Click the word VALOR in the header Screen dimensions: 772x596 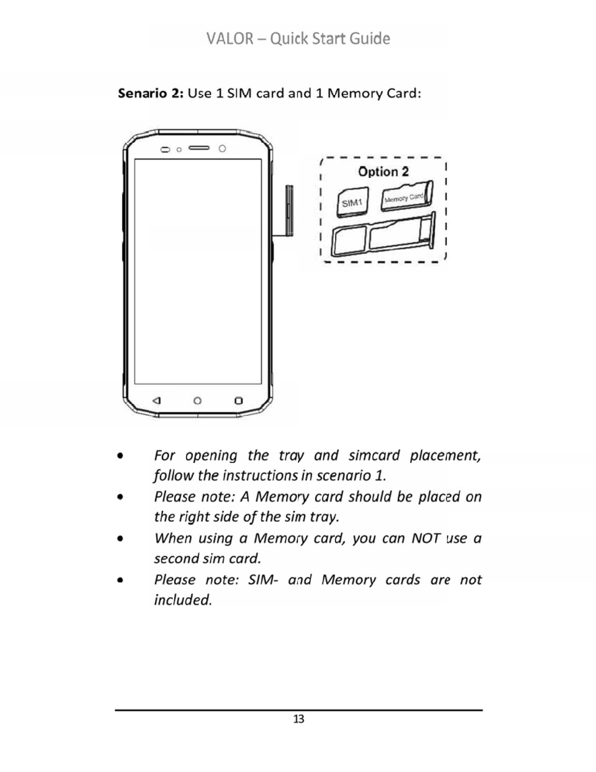point(230,39)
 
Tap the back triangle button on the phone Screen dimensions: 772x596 point(156,401)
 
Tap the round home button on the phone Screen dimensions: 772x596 point(197,401)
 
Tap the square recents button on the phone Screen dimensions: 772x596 point(238,401)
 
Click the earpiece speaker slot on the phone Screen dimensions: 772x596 point(199,148)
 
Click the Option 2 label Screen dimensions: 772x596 point(383,172)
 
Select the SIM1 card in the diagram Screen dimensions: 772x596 point(352,202)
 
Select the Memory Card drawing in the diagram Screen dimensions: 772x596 point(406,197)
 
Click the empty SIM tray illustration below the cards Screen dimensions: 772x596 point(382,236)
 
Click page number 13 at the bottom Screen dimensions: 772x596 point(298,719)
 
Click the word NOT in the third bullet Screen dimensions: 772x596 point(426,538)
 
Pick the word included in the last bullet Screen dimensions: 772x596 point(183,599)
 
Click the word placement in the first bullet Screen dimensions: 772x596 point(445,455)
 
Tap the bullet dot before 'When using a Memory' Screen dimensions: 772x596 point(120,539)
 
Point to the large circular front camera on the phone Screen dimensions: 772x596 point(222,148)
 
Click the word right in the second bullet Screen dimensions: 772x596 point(200,517)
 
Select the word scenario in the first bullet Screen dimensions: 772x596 point(345,475)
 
